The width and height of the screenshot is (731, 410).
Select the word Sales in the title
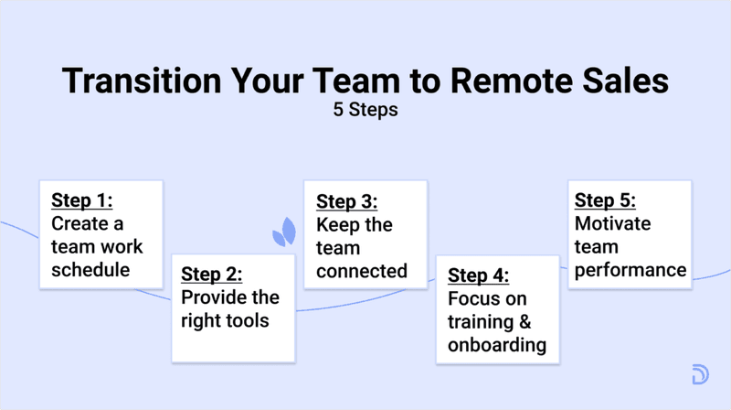tap(628, 81)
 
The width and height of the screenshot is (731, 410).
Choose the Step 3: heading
tap(346, 201)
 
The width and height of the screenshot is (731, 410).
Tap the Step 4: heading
tap(479, 275)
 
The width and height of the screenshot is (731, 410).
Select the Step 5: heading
tap(605, 200)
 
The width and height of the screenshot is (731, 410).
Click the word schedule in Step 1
tap(91, 269)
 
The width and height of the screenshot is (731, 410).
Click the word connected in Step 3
tap(362, 271)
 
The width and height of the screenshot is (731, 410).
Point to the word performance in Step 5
tap(630, 270)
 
